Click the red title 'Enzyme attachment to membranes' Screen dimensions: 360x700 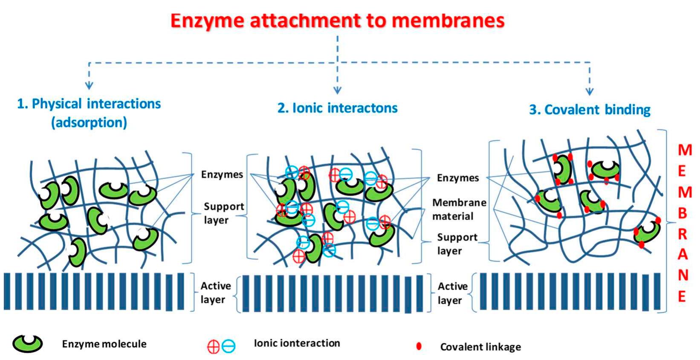(x=337, y=20)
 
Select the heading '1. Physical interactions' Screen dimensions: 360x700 (x=89, y=104)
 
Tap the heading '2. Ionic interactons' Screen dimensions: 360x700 (x=337, y=108)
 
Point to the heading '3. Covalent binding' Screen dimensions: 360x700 (x=590, y=110)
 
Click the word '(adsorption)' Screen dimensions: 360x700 (x=89, y=123)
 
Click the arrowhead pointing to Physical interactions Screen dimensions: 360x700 (x=89, y=85)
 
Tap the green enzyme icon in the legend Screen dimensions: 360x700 (x=27, y=343)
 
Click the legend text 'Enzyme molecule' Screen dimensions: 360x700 (x=104, y=344)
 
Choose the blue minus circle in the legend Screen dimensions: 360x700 (x=229, y=346)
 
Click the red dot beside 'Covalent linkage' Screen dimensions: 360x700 (x=419, y=346)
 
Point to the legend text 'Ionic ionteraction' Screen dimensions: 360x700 (x=297, y=343)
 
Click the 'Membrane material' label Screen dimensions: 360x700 (x=459, y=209)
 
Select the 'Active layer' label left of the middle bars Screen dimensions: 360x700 (x=215, y=293)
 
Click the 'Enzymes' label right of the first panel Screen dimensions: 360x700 (x=222, y=174)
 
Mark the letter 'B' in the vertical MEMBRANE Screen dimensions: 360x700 (x=683, y=213)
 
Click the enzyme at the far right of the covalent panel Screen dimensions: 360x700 (x=647, y=232)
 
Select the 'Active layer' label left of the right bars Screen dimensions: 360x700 (x=452, y=293)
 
